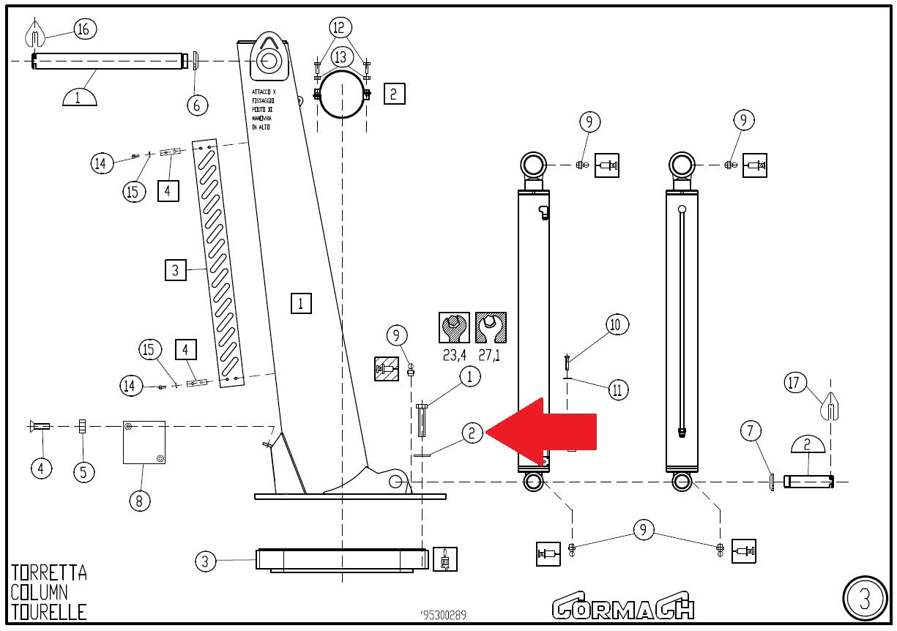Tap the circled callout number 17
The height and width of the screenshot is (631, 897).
[796, 382]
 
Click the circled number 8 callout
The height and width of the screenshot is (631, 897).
[140, 501]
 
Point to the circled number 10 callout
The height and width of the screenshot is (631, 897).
[617, 324]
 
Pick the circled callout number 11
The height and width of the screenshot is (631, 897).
[617, 389]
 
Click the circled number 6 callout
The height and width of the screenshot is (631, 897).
[196, 105]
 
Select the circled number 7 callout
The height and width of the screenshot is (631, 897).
[750, 431]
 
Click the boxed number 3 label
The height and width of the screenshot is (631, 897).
[174, 270]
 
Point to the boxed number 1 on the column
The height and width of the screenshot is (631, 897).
[301, 302]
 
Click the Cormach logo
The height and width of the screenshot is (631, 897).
[623, 606]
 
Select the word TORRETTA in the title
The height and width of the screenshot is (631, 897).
[49, 572]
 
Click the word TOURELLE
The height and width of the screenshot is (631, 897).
[49, 611]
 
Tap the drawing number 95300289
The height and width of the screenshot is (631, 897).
[444, 615]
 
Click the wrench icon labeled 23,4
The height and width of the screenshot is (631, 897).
[454, 328]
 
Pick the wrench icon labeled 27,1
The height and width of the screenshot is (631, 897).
[491, 328]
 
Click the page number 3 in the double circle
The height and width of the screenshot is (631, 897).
[864, 599]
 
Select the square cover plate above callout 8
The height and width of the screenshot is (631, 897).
[144, 442]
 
